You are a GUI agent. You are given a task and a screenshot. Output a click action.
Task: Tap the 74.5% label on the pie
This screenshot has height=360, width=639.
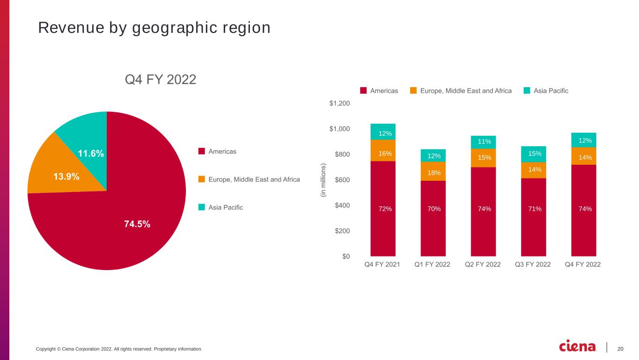coord(137,224)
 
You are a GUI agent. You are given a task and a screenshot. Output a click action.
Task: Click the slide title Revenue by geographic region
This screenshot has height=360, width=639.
coord(154,28)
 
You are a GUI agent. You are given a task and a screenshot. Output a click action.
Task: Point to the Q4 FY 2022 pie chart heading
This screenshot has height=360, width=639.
coord(161,79)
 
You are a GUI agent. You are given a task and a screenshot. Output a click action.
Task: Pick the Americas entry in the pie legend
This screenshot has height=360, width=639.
coord(217,151)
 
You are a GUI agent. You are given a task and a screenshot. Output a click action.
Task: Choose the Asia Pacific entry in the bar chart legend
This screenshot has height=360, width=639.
coord(546,91)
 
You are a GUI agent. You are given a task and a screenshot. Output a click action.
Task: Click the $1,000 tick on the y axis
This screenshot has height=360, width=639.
coord(339,129)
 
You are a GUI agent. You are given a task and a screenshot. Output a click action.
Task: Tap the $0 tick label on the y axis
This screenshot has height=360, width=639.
coord(346,257)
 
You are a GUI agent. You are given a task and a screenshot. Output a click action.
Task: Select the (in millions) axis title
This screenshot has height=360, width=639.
coord(323,180)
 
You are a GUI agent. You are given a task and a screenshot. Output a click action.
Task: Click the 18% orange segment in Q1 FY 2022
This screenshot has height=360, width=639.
coord(433,171)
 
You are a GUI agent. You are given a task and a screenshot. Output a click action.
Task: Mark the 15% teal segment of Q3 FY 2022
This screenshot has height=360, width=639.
coord(534,154)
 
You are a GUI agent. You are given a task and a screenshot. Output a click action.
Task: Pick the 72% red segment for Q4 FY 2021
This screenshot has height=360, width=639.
coord(383,208)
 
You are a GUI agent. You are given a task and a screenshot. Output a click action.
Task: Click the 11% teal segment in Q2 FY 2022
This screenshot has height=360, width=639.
coord(483,142)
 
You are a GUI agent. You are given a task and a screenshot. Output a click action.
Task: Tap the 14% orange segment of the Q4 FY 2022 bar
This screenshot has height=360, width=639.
coord(584,156)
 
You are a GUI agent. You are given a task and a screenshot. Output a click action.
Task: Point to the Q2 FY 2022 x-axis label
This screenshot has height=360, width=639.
coord(483,264)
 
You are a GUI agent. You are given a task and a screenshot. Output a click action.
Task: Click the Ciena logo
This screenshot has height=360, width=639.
coord(577,346)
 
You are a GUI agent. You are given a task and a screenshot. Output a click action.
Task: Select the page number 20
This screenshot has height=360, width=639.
coord(620,349)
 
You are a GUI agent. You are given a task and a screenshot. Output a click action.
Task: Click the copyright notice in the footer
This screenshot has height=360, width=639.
coord(119,349)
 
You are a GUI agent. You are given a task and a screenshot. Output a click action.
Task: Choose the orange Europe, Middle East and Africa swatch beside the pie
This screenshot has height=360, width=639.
coord(202,179)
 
